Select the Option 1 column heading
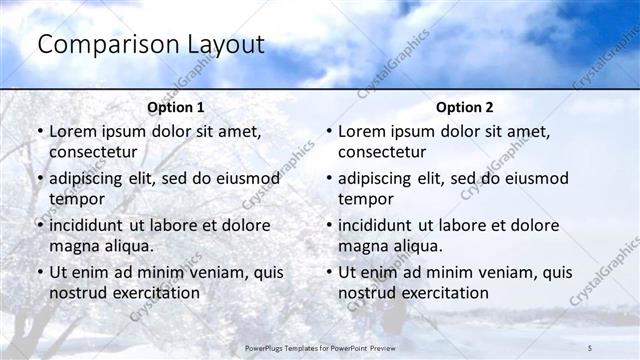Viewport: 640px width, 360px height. tap(176, 107)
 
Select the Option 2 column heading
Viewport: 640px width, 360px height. tap(465, 107)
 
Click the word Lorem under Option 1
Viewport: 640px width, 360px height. tap(72, 131)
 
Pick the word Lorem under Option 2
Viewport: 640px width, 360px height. tap(361, 131)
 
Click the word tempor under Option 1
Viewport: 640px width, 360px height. tap(75, 199)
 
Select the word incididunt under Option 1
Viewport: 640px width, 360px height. tap(93, 225)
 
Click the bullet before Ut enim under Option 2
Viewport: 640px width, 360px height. tap(329, 272)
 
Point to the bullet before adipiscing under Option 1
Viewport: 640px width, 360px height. tap(40, 178)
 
